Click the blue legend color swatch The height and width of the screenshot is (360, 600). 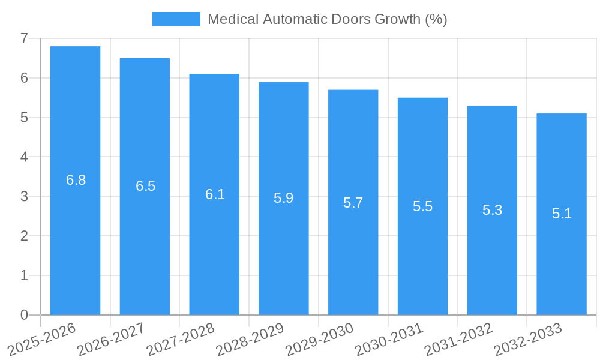[x=176, y=19]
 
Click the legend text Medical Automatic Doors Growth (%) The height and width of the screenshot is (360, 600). [x=327, y=19]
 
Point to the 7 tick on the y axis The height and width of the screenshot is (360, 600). [x=24, y=38]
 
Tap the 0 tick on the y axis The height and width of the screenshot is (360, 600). [x=24, y=315]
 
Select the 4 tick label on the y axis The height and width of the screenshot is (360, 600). [x=24, y=157]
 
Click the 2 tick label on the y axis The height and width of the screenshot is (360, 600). [x=24, y=236]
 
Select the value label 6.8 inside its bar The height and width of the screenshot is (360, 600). [x=76, y=180]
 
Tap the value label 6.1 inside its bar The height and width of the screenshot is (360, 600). [x=215, y=194]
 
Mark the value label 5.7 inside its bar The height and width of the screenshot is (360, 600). [x=353, y=203]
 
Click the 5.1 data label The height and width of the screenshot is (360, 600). [x=562, y=214]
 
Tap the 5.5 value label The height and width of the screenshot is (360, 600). [x=422, y=206]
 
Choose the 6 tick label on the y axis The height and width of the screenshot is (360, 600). [x=24, y=78]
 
